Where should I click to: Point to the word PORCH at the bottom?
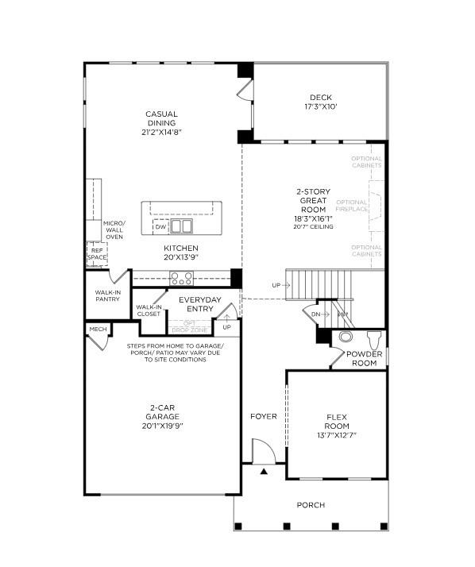coord(311,505)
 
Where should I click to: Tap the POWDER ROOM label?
coord(363,358)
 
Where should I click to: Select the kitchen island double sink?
coord(182,226)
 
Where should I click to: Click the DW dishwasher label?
coord(160,227)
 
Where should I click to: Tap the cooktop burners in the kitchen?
coord(181,278)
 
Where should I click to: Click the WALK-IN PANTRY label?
coord(107,296)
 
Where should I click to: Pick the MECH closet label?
coord(98,329)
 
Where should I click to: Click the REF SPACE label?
coord(96,253)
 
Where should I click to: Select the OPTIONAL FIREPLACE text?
coord(352,206)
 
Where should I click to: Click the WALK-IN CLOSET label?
coord(149,310)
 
